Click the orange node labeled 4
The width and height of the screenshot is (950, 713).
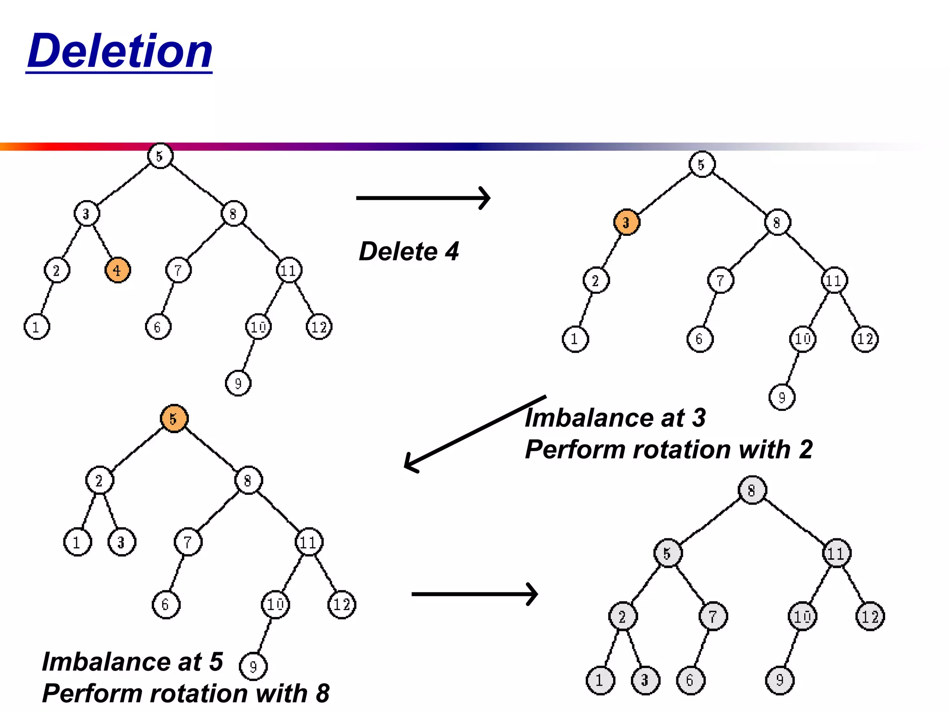pyautogui.click(x=117, y=270)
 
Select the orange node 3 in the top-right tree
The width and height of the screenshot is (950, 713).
pyautogui.click(x=626, y=222)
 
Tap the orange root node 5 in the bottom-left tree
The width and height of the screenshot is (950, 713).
pyautogui.click(x=173, y=419)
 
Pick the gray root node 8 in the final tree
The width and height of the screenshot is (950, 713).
pyautogui.click(x=752, y=490)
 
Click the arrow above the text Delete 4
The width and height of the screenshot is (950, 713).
pyautogui.click(x=423, y=198)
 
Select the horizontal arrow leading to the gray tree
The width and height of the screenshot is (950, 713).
pyautogui.click(x=474, y=594)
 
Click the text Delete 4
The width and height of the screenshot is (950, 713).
pyautogui.click(x=409, y=252)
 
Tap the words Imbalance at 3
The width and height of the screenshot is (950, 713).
pyautogui.click(x=615, y=418)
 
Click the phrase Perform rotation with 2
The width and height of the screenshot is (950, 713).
pyautogui.click(x=668, y=449)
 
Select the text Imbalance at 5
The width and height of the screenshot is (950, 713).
pyautogui.click(x=132, y=661)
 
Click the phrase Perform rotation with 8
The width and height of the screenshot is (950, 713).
pyautogui.click(x=186, y=694)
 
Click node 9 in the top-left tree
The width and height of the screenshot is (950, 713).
pyautogui.click(x=238, y=383)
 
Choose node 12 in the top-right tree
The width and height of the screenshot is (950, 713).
pyautogui.click(x=865, y=339)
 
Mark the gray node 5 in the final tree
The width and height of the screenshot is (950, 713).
pyautogui.click(x=668, y=553)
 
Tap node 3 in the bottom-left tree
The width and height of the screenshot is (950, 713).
pyautogui.click(x=122, y=542)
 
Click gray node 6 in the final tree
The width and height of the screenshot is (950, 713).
pyautogui.click(x=690, y=681)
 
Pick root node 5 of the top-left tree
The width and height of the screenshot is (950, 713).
pyautogui.click(x=160, y=156)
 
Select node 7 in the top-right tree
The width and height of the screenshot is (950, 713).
pyautogui.click(x=720, y=280)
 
